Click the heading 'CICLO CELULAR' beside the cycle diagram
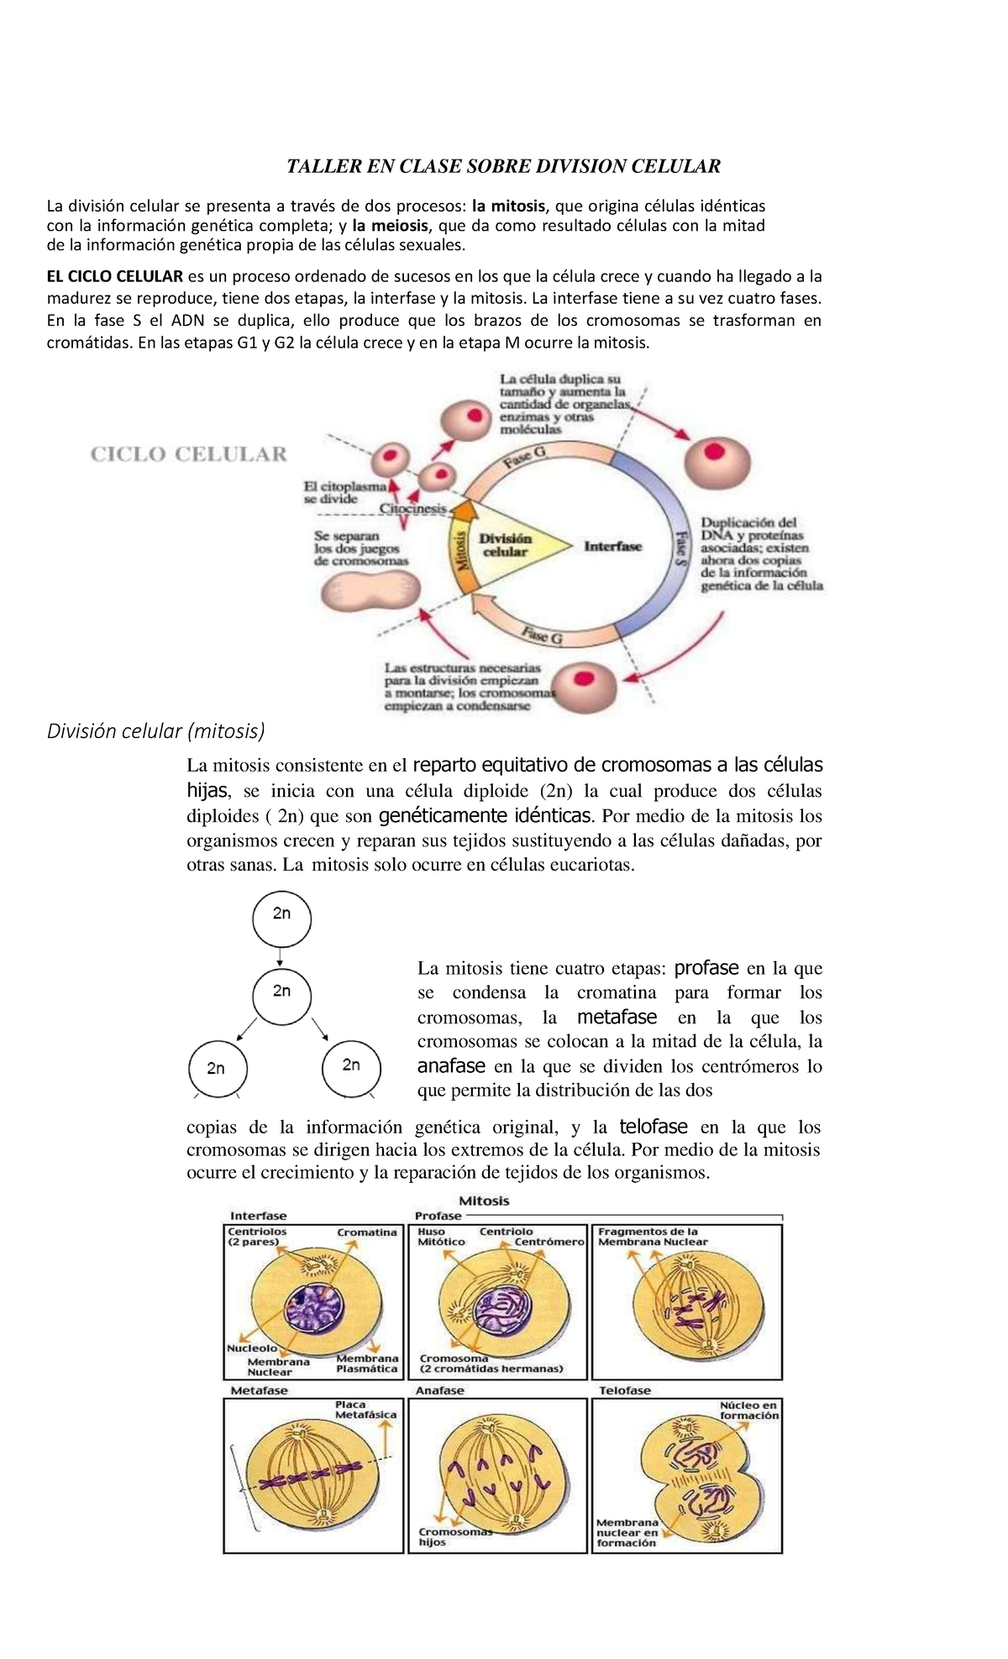[x=188, y=454]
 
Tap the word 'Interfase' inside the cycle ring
[x=612, y=546]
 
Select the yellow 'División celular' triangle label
[x=505, y=546]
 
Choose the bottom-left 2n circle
[x=216, y=1068]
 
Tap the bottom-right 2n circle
[x=351, y=1065]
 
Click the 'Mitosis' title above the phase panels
[x=484, y=1201]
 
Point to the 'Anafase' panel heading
[x=439, y=1390]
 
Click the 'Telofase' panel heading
[x=625, y=1390]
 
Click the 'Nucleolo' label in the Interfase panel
[x=252, y=1348]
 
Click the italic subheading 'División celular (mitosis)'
[x=155, y=731]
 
